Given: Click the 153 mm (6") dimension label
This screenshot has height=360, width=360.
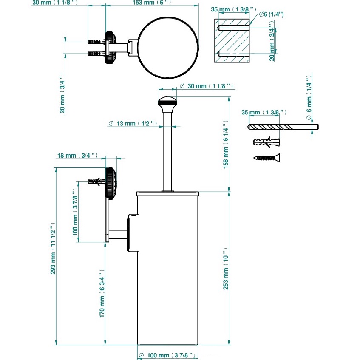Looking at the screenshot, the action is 152,3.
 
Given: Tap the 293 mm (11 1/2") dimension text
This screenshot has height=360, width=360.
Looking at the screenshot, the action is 53,248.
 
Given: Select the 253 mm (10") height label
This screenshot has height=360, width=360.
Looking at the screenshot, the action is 226,269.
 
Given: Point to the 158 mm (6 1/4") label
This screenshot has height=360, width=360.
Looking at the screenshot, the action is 226,145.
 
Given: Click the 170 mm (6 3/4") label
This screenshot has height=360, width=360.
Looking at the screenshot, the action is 102,294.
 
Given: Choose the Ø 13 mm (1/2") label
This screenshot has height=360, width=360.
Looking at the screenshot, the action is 133,124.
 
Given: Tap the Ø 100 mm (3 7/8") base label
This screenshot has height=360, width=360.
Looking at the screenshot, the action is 167,355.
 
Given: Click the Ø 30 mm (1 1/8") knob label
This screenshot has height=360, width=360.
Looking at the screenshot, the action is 207,86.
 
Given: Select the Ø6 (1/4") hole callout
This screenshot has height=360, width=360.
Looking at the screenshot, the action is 271,14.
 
